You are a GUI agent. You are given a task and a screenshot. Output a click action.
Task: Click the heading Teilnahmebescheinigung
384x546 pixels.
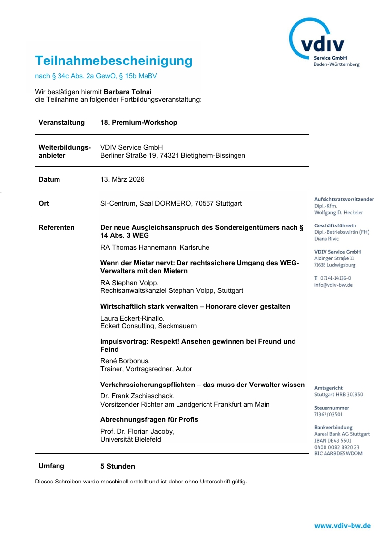[x=114, y=61]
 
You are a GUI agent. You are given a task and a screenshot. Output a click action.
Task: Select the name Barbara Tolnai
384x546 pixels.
[x=128, y=92]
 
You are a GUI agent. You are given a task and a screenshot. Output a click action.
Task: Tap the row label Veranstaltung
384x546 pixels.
[x=61, y=122]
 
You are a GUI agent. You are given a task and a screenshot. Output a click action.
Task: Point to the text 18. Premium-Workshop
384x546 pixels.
[x=139, y=122]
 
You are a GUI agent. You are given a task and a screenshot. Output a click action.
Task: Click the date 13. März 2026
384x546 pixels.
[x=122, y=179]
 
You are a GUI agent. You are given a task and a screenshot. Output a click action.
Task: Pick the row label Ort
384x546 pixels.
[x=44, y=203]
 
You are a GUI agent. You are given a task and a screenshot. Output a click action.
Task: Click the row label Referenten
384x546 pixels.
[x=57, y=227]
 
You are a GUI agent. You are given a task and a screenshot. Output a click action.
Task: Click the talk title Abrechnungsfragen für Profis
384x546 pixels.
[x=149, y=419]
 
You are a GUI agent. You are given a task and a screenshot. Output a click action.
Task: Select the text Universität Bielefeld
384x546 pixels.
[x=130, y=439]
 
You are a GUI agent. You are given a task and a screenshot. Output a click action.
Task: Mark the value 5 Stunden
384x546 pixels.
[x=118, y=466]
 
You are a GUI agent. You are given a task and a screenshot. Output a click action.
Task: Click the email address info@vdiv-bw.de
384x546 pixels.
[x=333, y=285]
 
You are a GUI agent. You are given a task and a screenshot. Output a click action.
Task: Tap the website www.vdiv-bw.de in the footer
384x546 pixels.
[x=342, y=526]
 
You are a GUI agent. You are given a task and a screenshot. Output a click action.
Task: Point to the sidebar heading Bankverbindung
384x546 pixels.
[x=333, y=428]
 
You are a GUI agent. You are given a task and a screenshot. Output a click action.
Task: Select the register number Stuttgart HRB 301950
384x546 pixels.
[x=338, y=395]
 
